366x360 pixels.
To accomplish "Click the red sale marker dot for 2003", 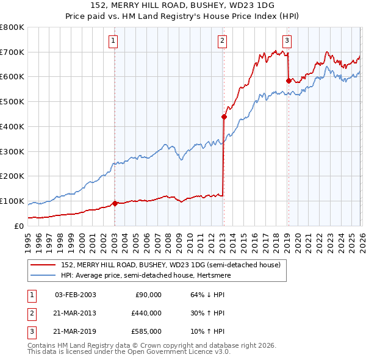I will (115, 203).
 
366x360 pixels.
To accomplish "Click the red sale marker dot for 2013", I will (224, 117).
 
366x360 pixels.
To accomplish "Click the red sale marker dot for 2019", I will (289, 80).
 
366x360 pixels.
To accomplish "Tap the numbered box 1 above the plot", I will (114, 41).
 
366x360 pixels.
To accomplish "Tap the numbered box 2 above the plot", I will (222, 41).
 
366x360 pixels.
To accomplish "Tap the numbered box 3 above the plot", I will (287, 41).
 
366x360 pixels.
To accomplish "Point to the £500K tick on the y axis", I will (12, 101).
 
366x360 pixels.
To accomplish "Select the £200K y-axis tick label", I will (12, 176).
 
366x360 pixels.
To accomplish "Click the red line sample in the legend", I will (44, 265).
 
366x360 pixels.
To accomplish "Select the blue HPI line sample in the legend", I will (44, 276).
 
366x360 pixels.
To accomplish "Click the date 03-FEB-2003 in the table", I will (75, 295).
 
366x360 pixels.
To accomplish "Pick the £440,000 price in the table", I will (146, 313).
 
